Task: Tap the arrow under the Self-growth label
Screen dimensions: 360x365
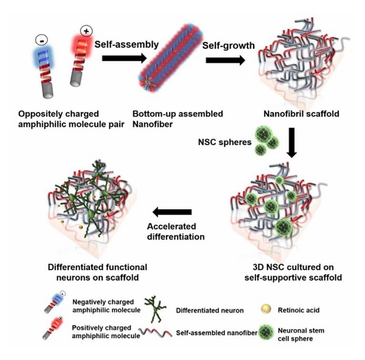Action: [x=225, y=60]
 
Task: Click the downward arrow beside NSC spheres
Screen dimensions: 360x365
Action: [x=293, y=145]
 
